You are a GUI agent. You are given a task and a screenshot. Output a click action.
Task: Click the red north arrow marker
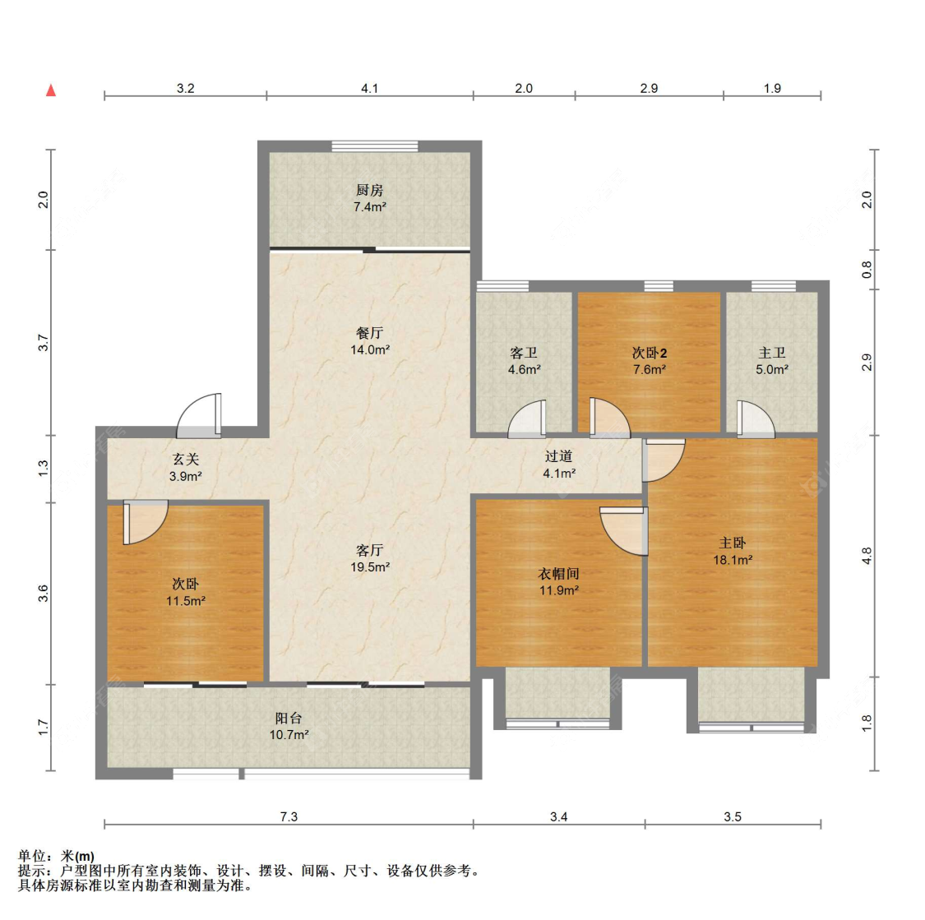point(51,90)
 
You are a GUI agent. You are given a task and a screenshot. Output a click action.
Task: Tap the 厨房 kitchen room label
point(369,190)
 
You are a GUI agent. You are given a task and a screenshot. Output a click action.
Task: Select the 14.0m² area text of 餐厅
point(370,349)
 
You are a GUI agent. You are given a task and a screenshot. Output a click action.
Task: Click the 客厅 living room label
point(370,550)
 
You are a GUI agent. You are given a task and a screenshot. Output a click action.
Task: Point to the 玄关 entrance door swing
point(200,416)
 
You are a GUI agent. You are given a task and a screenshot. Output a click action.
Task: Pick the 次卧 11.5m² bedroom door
point(146,522)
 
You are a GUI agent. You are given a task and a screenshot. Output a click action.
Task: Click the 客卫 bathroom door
point(527,419)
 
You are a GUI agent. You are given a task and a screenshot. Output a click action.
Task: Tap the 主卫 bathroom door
point(756,419)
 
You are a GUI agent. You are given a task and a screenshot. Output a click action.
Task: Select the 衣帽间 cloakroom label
point(558,573)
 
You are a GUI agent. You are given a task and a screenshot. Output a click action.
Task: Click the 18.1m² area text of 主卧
point(733,560)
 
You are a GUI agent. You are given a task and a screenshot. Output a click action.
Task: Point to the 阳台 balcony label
point(289,718)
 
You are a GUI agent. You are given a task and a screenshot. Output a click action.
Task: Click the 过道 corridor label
point(558,455)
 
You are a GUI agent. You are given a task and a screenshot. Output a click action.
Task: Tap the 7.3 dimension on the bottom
point(289,816)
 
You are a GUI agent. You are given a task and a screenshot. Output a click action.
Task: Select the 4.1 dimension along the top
point(369,89)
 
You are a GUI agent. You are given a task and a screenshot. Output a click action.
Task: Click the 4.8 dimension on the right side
point(866,556)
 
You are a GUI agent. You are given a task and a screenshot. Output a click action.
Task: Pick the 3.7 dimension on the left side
point(43,343)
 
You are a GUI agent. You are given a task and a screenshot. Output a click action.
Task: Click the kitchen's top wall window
point(375,146)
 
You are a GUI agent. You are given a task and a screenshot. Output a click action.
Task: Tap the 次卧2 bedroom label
point(650,353)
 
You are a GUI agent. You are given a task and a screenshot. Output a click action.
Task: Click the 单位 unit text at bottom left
point(31,856)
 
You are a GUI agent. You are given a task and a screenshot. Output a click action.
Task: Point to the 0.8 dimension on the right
point(866,270)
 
